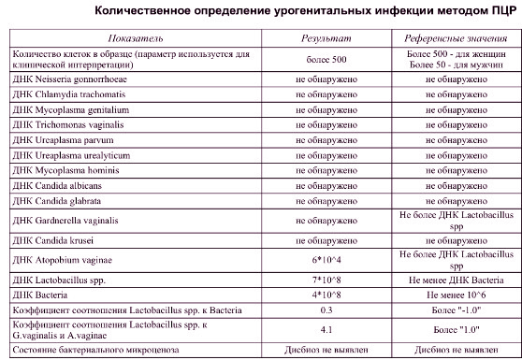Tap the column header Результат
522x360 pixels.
coord(326,43)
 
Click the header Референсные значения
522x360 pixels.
coord(456,43)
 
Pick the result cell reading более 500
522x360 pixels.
coord(326,64)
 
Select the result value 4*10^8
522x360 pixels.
coord(326,294)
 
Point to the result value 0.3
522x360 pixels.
coord(326,308)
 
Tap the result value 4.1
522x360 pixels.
coord(326,328)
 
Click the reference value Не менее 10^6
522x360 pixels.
coord(456,294)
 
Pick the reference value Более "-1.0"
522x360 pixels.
coord(456,308)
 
